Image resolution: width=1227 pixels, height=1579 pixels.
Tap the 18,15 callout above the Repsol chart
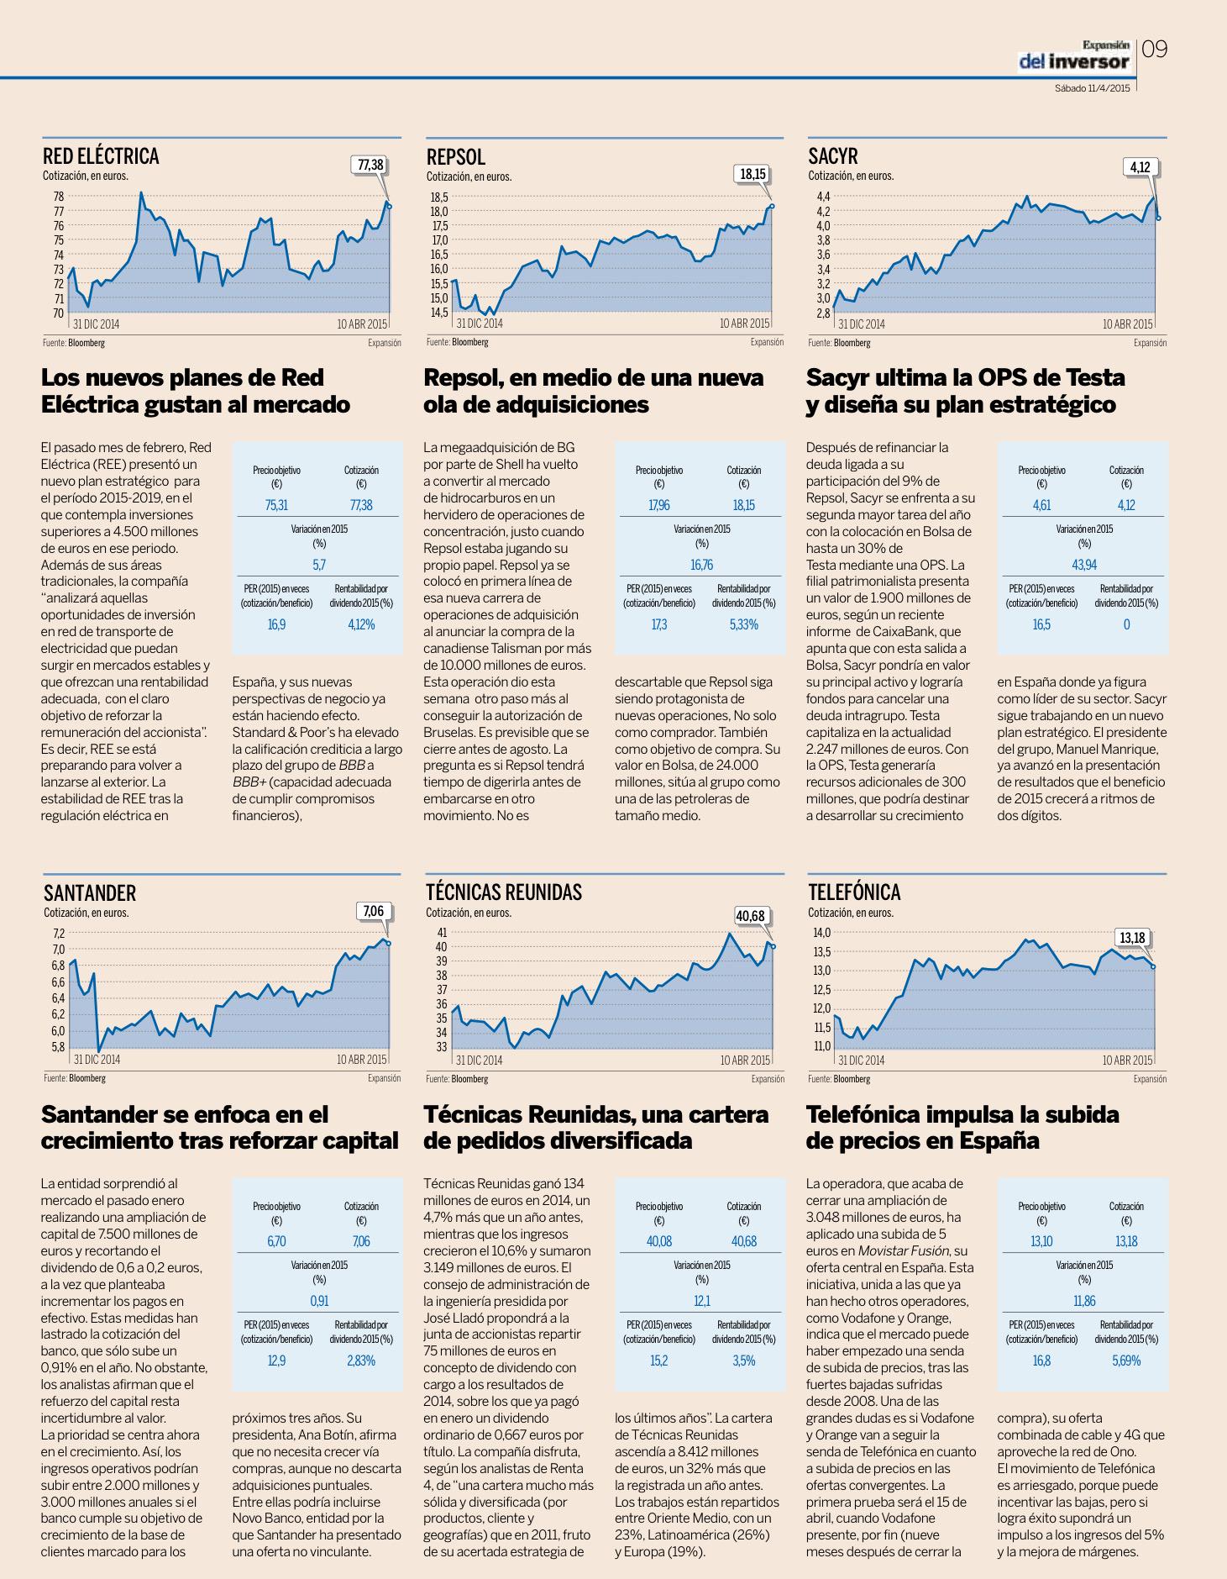tap(752, 175)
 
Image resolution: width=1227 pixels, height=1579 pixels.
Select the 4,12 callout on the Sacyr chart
tap(1140, 167)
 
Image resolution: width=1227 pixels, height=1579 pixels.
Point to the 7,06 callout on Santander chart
tap(374, 911)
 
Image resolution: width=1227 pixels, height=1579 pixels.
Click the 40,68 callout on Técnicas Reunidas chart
tap(750, 915)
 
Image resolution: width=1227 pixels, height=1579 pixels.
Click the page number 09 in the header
tap(1155, 50)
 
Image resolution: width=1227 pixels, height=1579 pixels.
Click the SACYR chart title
tap(833, 156)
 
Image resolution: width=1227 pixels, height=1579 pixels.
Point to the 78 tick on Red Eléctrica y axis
tap(58, 196)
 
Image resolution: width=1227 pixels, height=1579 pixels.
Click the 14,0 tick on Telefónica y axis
tap(821, 933)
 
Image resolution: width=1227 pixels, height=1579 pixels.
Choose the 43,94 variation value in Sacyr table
tap(1084, 565)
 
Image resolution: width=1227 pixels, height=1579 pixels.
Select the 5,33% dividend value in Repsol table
tap(743, 624)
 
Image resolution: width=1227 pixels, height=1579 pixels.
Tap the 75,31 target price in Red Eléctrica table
tap(276, 505)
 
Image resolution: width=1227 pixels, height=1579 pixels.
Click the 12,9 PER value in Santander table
tap(276, 1361)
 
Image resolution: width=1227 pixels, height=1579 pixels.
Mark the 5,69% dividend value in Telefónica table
tap(1126, 1361)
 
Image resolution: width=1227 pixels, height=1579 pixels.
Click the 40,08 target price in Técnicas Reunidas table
tap(659, 1241)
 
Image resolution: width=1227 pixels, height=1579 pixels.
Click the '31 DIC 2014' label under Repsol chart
tap(480, 324)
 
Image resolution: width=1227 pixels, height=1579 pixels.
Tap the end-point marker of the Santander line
tap(388, 944)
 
